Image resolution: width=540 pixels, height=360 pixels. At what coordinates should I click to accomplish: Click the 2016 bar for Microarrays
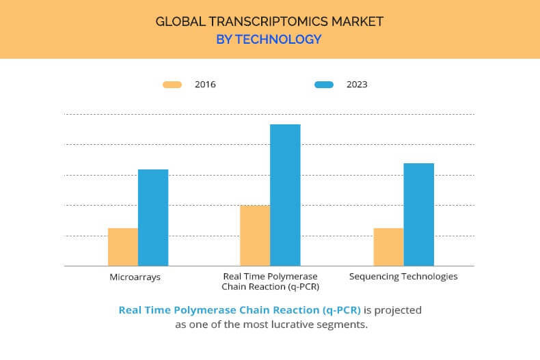(x=123, y=247)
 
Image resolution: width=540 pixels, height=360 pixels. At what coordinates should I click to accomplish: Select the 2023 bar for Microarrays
(x=153, y=217)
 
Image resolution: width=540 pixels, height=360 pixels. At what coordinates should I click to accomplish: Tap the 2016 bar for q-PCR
(x=255, y=236)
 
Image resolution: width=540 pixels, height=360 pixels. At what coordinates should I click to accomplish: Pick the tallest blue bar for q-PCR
(x=285, y=195)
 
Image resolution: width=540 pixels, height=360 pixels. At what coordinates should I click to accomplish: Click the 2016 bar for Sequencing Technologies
(x=388, y=247)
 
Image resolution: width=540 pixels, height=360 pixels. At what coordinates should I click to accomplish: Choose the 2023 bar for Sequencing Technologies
(x=418, y=214)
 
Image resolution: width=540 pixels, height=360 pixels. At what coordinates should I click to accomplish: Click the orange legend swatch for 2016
(x=172, y=85)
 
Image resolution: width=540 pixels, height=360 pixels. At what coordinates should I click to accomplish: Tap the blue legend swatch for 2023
(x=324, y=85)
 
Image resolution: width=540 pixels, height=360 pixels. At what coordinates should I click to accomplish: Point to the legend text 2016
(x=205, y=85)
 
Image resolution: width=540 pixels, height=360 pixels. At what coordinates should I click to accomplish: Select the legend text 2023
(x=357, y=85)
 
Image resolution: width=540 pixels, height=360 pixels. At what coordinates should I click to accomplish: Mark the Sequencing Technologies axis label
(x=403, y=277)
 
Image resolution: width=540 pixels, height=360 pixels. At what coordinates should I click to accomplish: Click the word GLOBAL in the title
(x=179, y=21)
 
